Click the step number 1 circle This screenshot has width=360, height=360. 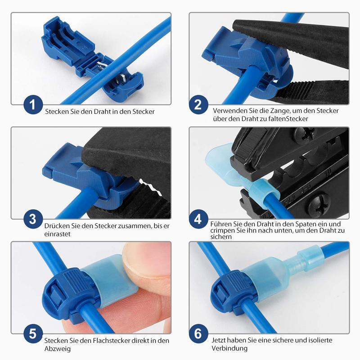(32, 105)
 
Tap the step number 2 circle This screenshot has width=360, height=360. (198, 105)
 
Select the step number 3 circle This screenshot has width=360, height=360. (32, 220)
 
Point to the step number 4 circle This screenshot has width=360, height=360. (198, 220)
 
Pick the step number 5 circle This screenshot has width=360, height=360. (32, 334)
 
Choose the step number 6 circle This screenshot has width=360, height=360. (198, 334)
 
